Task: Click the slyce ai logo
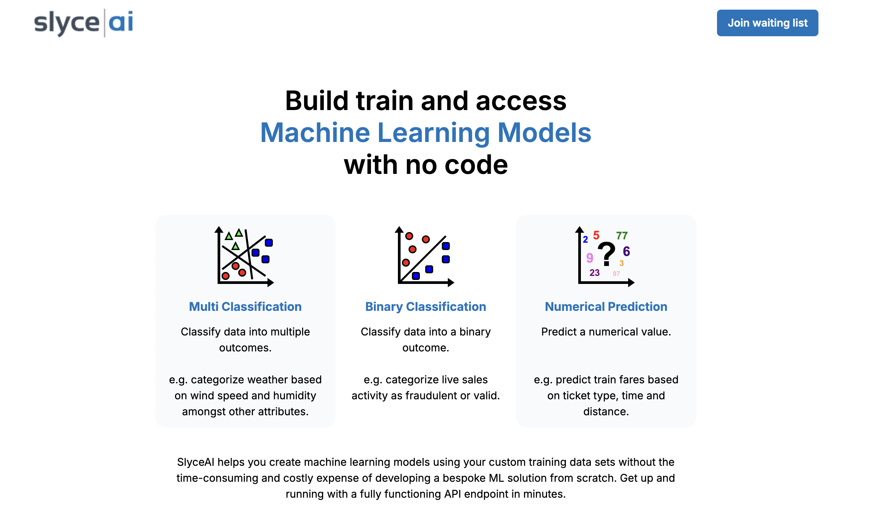coord(84,23)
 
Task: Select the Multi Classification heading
coord(245,307)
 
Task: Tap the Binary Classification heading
coord(426,307)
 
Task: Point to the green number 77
coord(622,236)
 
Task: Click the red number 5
coord(596,235)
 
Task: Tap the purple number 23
coord(595,273)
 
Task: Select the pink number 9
coord(590,258)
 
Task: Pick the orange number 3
coord(621,263)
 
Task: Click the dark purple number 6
coord(626,251)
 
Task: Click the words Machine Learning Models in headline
coord(426,133)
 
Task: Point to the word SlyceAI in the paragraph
coord(196,462)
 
